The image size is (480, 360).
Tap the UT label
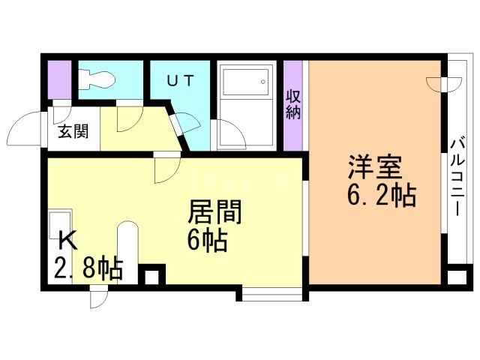(x=180, y=81)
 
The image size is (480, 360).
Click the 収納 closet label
(x=293, y=104)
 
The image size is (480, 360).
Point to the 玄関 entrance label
(x=73, y=131)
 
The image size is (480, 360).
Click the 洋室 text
(x=375, y=167)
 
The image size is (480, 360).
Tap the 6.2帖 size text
(x=382, y=195)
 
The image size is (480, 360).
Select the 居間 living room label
(x=214, y=211)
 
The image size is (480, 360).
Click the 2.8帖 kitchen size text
(x=88, y=268)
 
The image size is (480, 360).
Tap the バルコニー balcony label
(x=457, y=178)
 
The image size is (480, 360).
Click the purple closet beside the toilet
(x=60, y=80)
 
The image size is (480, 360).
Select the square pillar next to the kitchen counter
(x=151, y=275)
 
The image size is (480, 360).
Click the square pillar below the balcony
(x=457, y=277)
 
